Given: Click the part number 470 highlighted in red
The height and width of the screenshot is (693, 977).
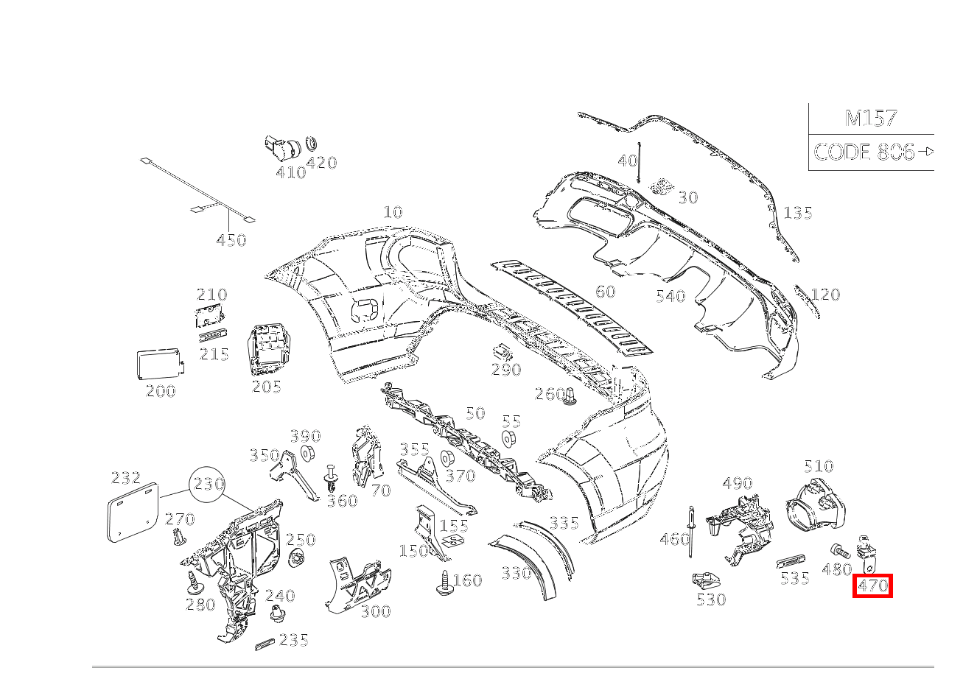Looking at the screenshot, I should coord(872,586).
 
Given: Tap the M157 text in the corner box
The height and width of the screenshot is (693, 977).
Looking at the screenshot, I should coord(870,118).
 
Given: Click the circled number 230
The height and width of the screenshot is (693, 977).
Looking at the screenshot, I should coord(209,485).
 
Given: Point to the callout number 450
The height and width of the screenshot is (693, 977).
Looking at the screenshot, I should coord(231,240).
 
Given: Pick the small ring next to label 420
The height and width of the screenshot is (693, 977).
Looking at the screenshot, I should coord(311,142).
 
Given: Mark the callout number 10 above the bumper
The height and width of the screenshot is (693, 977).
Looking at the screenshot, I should coord(393,212).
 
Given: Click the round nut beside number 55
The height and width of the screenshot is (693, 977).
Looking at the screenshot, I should coord(508,439).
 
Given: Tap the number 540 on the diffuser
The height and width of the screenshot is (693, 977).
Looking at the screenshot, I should coord(670,296).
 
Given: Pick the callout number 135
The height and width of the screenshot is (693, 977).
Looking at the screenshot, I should coord(798,213).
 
